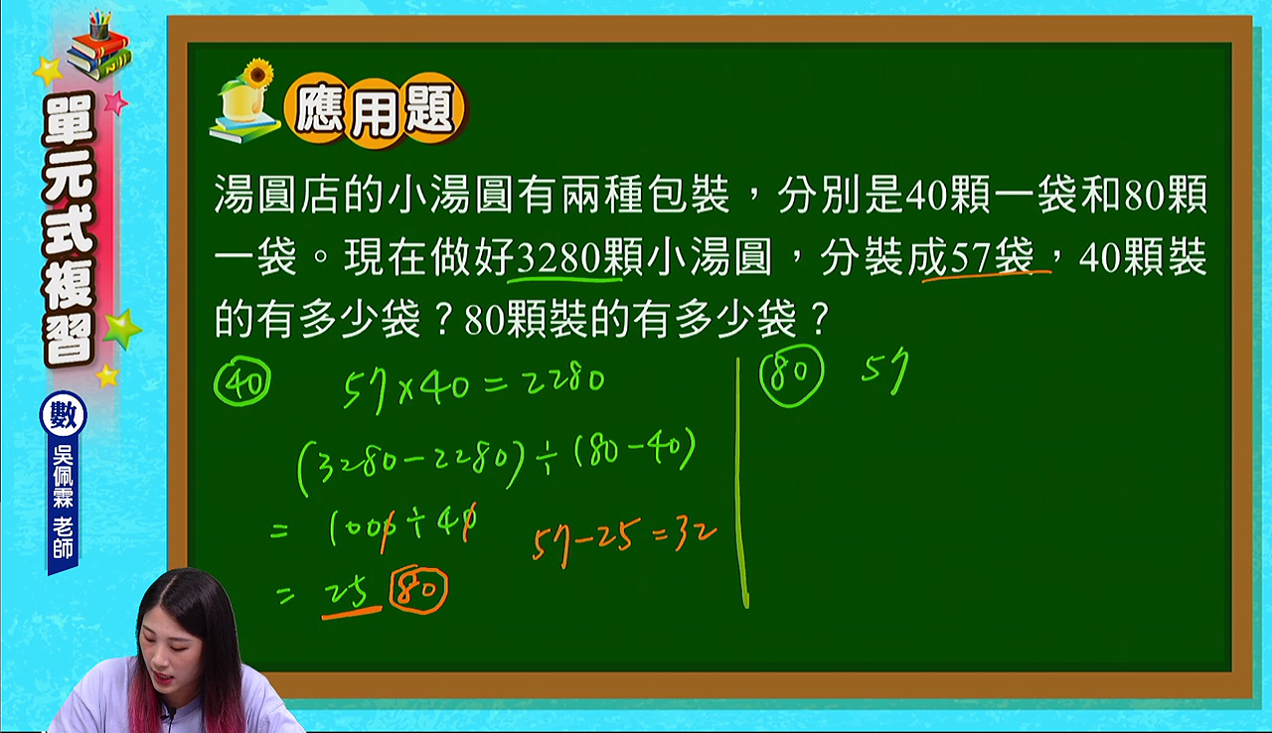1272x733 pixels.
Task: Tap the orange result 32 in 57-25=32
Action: point(695,535)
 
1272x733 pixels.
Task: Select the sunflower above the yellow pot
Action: point(258,73)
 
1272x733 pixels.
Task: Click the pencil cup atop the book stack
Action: point(99,25)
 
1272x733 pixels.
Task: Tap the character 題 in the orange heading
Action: point(431,110)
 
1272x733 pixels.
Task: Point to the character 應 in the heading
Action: point(319,110)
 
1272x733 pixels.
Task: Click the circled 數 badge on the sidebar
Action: point(63,415)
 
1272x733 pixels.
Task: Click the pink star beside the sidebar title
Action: point(116,102)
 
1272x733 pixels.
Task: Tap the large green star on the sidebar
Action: point(121,329)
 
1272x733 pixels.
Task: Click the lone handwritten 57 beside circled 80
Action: point(884,370)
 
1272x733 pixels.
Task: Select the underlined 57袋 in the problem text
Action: point(992,258)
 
